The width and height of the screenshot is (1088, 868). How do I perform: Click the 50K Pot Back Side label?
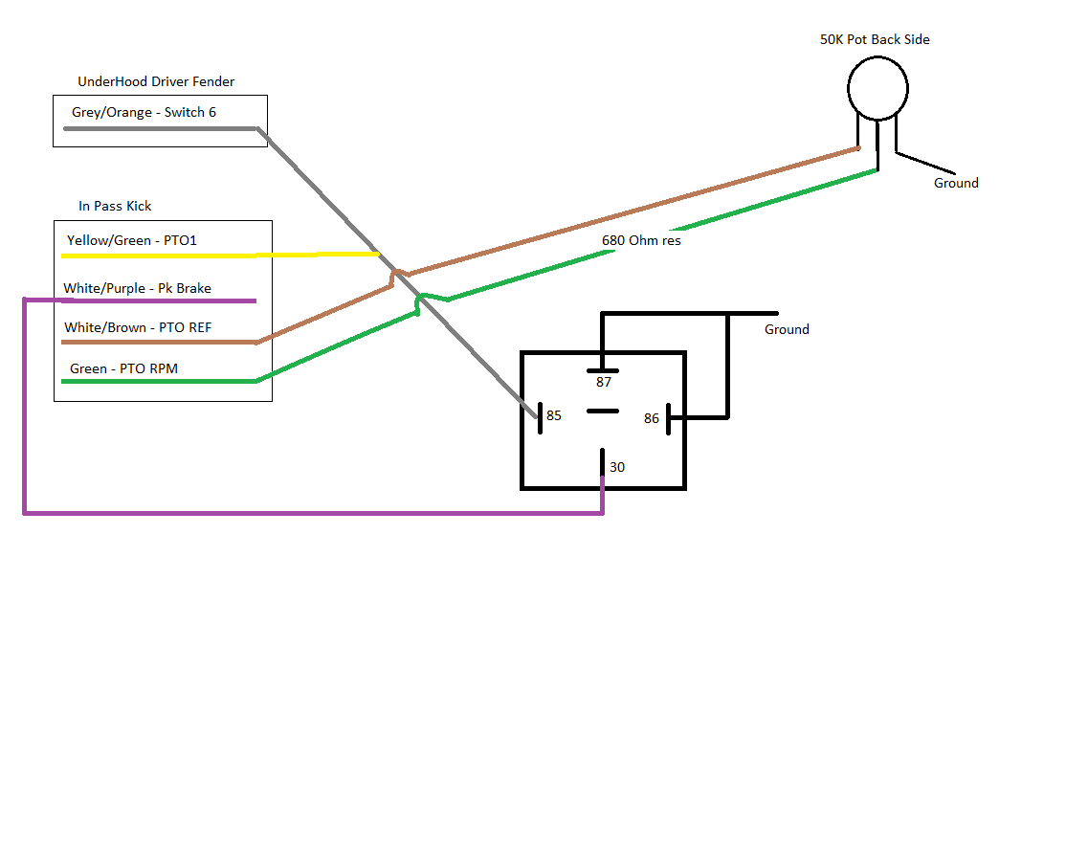pyautogui.click(x=875, y=40)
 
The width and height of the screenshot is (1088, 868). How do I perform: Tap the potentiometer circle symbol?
pyautogui.click(x=877, y=87)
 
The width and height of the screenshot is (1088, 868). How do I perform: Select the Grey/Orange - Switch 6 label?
pyautogui.click(x=144, y=113)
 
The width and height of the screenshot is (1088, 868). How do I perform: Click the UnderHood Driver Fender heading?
pyautogui.click(x=156, y=82)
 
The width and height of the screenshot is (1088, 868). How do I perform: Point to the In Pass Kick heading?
pyautogui.click(x=115, y=206)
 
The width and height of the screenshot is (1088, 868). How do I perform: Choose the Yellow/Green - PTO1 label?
pyautogui.click(x=132, y=240)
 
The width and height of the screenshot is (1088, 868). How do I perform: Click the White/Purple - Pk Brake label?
pyautogui.click(x=137, y=288)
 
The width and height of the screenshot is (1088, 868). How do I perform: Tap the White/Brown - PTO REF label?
pyautogui.click(x=138, y=327)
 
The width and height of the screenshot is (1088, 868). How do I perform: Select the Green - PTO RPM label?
pyautogui.click(x=123, y=368)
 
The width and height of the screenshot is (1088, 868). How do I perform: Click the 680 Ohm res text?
pyautogui.click(x=641, y=240)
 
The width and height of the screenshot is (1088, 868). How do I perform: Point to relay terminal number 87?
pyautogui.click(x=603, y=382)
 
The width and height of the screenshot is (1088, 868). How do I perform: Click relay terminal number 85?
pyautogui.click(x=554, y=415)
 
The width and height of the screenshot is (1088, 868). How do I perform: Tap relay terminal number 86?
pyautogui.click(x=652, y=418)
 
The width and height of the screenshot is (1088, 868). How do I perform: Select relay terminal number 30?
pyautogui.click(x=617, y=467)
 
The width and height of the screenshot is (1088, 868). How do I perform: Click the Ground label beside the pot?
pyautogui.click(x=956, y=183)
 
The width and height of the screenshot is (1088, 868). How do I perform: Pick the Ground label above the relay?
pyautogui.click(x=787, y=329)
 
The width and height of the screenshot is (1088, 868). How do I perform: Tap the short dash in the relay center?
pyautogui.click(x=602, y=412)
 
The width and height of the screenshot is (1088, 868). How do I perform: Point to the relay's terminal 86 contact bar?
pyautogui.click(x=668, y=417)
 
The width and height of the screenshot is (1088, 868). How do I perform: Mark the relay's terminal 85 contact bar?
pyautogui.click(x=539, y=417)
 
